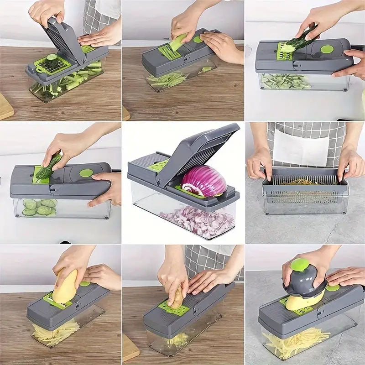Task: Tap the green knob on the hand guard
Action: (x=300, y=265)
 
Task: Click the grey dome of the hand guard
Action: (x=303, y=280)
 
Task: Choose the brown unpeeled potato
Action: (x=177, y=297)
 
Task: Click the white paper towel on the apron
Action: (x=301, y=148)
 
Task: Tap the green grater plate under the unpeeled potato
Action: (x=174, y=309)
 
